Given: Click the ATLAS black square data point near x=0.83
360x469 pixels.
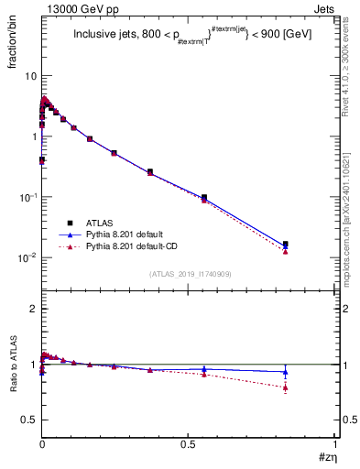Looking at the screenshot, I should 285,245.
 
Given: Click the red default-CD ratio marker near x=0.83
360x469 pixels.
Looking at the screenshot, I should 285,387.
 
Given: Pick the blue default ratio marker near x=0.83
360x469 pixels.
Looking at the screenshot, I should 285,372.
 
